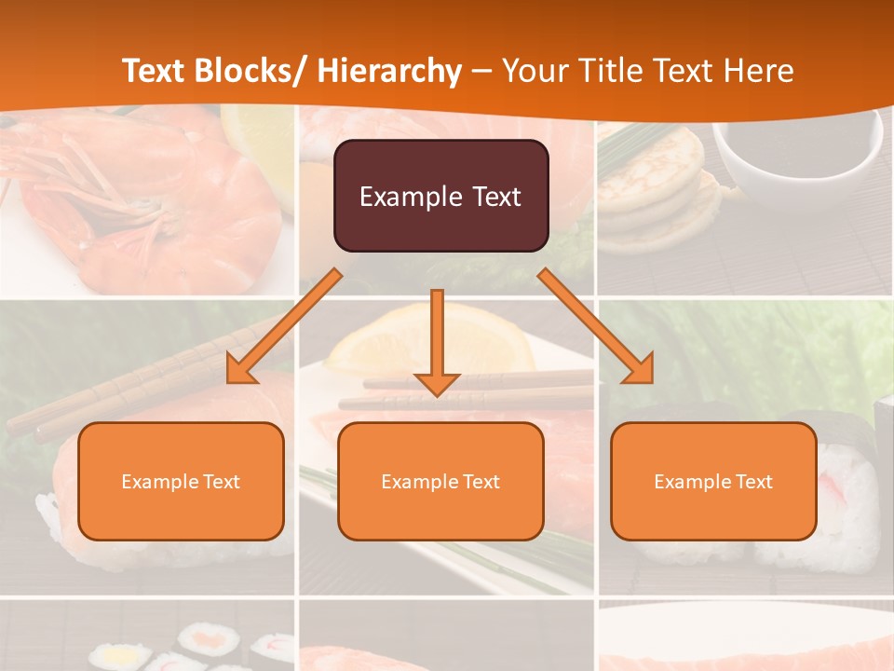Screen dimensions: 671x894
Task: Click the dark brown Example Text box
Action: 440,196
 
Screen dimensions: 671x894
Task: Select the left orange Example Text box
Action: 181,481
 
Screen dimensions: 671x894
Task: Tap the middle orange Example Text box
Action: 440,481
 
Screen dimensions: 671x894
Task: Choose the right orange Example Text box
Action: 713,481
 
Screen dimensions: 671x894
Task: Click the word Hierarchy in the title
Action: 388,71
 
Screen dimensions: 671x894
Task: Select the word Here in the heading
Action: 760,71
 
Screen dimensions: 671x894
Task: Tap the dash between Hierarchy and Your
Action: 481,72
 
